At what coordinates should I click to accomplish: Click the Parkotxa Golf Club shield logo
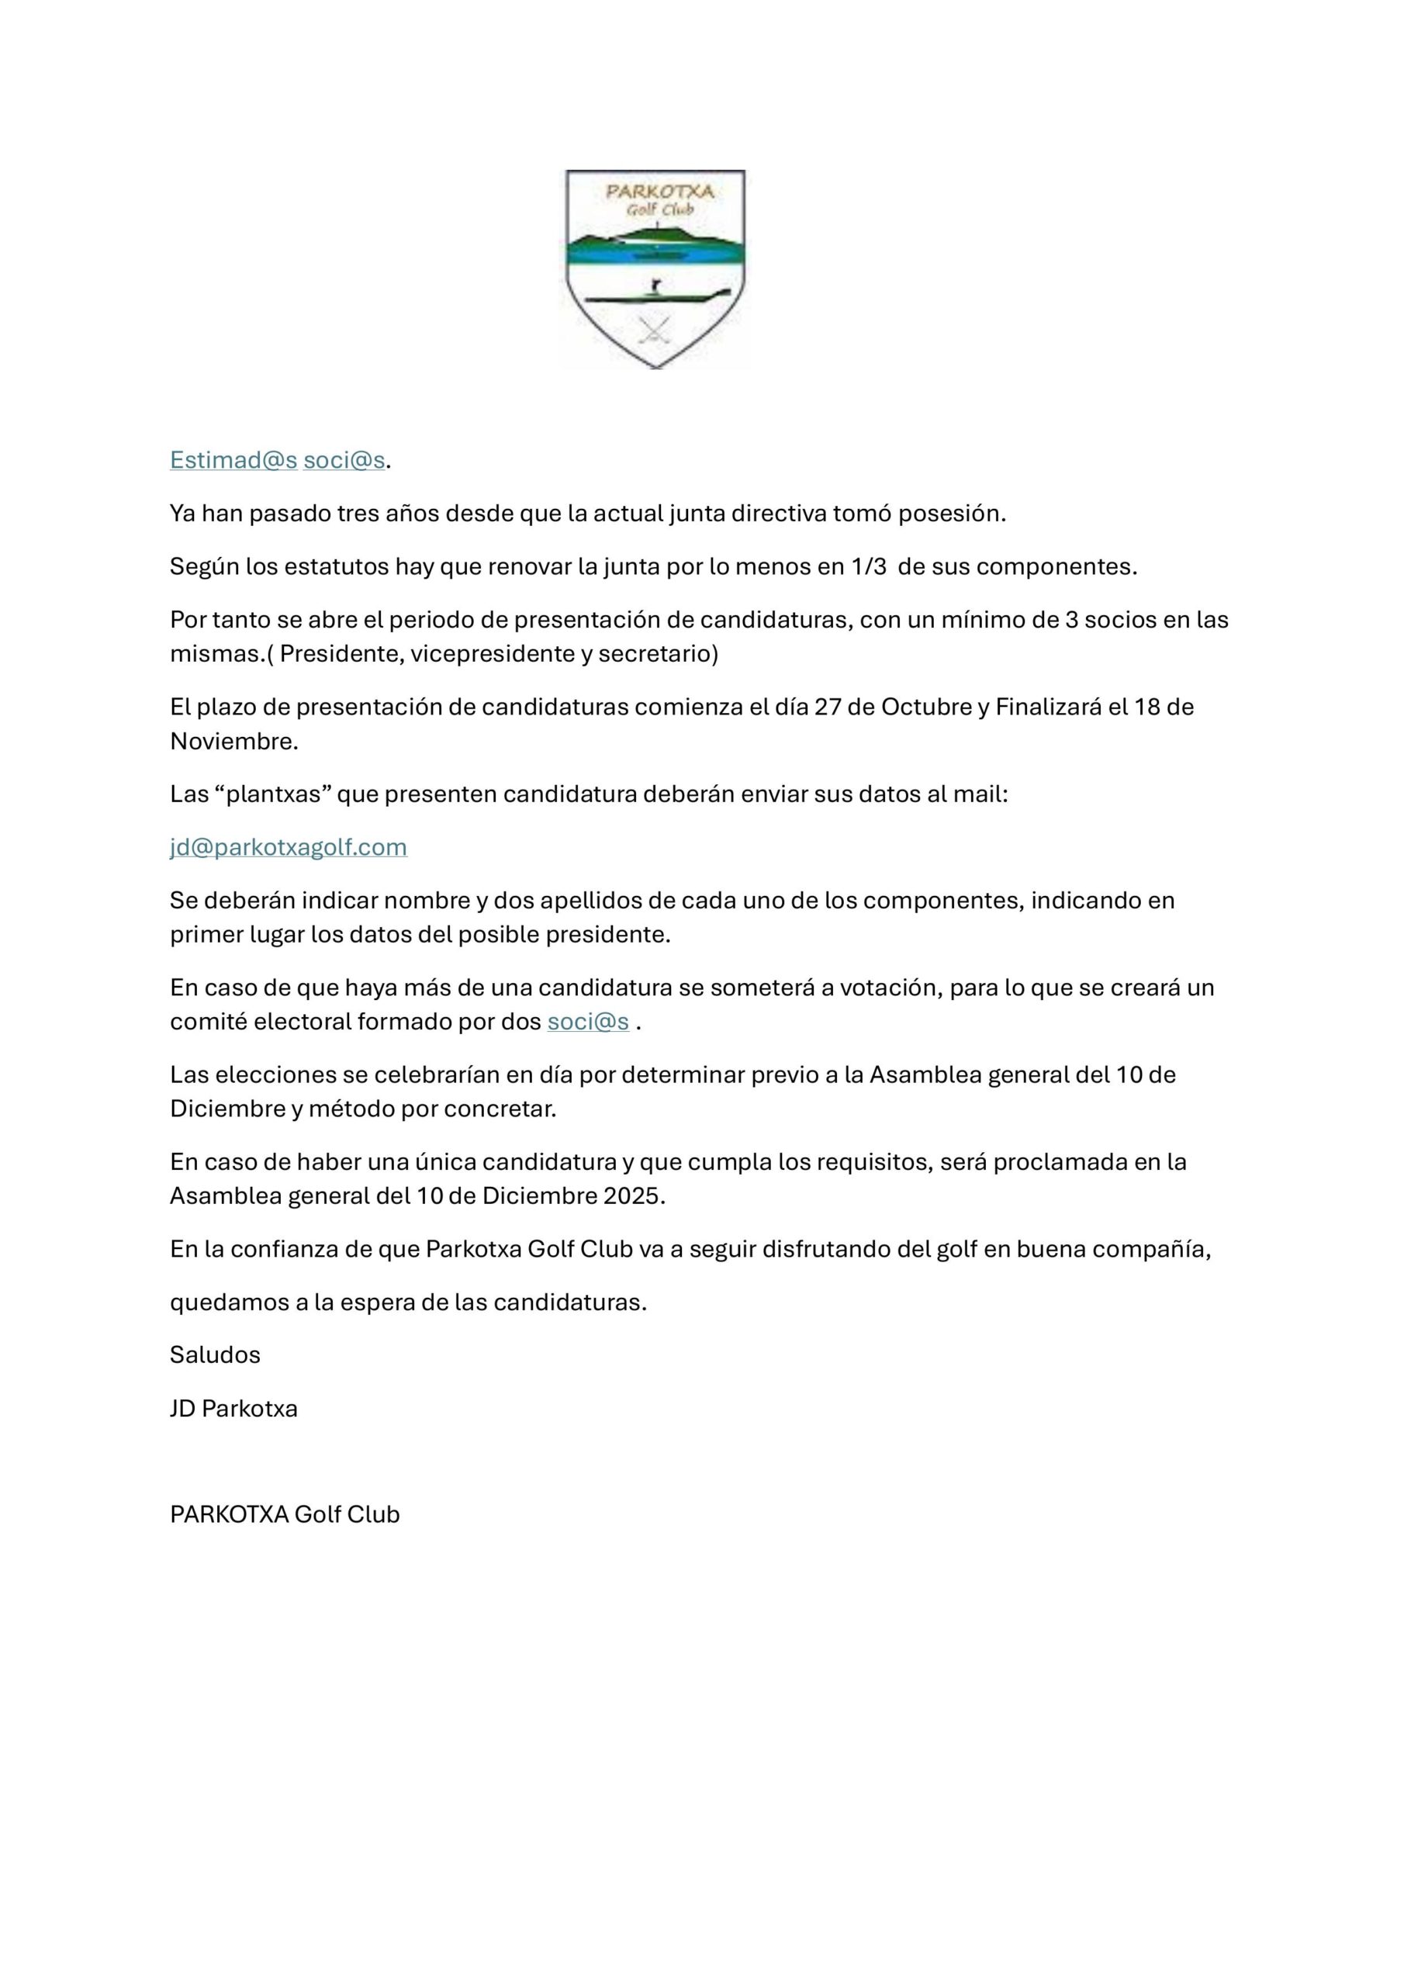coord(655,268)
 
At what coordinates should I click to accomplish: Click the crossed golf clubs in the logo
coord(654,330)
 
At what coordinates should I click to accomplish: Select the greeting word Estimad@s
coord(233,460)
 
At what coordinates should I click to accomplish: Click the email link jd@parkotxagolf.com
coord(288,847)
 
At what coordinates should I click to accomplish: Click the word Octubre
coord(925,707)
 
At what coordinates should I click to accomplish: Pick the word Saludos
coord(215,1355)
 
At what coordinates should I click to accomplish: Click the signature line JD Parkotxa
coord(233,1408)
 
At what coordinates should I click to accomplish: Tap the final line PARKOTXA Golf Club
coord(285,1514)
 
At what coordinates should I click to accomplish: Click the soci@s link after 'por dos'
coord(587,1022)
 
